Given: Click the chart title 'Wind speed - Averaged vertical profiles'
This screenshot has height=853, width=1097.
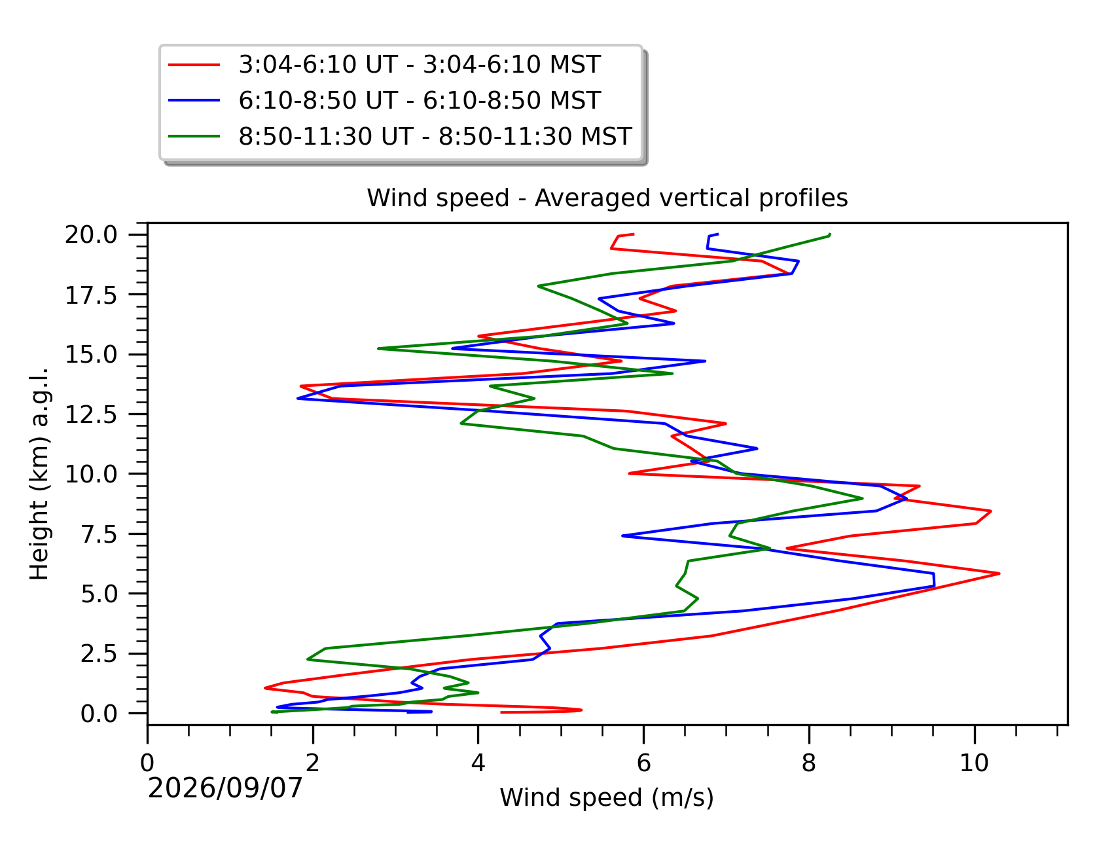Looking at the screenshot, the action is [x=607, y=198].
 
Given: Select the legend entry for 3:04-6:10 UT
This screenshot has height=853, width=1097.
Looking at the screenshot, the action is [x=419, y=65].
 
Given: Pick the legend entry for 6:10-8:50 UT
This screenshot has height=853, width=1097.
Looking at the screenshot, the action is [x=419, y=101].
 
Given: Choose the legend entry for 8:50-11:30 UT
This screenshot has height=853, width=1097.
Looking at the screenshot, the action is [x=435, y=137].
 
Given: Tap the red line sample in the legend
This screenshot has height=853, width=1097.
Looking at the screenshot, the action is [x=194, y=65].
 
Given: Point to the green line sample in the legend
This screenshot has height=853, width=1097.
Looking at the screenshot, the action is [x=194, y=137].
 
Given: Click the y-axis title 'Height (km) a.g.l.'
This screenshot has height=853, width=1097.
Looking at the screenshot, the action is [x=39, y=473].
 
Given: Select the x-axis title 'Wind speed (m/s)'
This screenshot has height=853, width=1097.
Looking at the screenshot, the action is [x=607, y=798].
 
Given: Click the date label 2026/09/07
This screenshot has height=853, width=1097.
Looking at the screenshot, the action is [x=226, y=789].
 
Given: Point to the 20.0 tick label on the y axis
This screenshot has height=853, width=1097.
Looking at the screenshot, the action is [x=99, y=235].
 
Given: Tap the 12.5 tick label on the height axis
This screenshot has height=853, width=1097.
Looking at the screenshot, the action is [x=99, y=414].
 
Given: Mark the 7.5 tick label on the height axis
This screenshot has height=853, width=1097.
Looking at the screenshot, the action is [x=108, y=534].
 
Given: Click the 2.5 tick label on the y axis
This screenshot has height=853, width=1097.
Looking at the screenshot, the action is [x=108, y=654].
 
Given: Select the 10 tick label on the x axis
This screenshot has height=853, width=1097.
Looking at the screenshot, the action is [x=974, y=763].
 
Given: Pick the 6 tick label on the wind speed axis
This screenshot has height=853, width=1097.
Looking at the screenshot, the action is [x=643, y=763].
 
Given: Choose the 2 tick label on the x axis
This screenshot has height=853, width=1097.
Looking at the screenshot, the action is [x=313, y=763].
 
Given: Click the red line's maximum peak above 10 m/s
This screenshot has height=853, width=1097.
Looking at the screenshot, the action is [x=999, y=573].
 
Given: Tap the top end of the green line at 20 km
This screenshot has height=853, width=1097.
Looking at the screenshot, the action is [x=830, y=234].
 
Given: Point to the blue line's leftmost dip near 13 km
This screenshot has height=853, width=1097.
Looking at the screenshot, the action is [x=298, y=399].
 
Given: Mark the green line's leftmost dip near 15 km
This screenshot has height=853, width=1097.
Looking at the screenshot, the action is [x=378, y=348].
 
